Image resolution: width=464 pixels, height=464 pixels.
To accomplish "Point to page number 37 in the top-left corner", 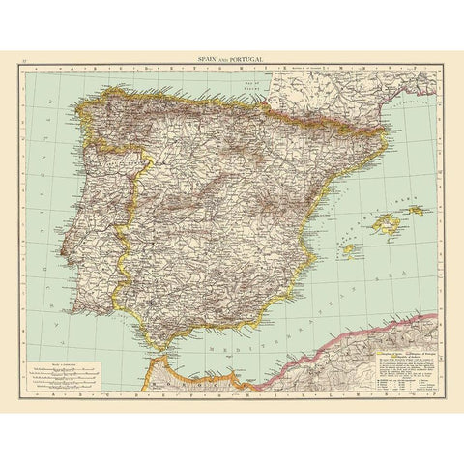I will [26, 58].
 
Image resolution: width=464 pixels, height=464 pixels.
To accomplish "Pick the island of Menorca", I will [416, 210].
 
